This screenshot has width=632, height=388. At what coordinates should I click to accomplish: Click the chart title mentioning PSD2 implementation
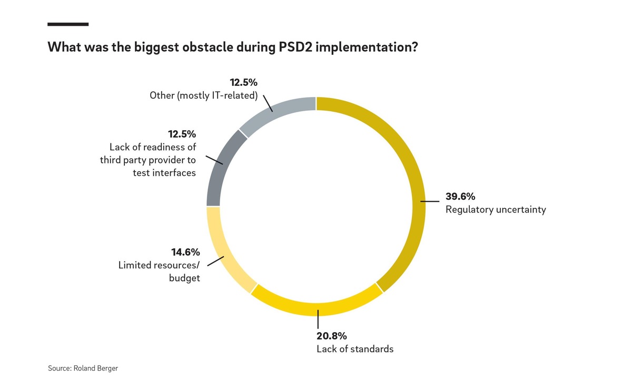click(233, 47)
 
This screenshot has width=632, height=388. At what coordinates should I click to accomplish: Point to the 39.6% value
click(460, 197)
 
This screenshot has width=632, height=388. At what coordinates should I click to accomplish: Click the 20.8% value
click(332, 336)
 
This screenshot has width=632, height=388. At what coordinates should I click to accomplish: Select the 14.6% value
click(185, 252)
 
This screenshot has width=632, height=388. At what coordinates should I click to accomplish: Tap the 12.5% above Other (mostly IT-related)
click(243, 83)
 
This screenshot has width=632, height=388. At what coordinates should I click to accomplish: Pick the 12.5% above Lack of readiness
click(182, 134)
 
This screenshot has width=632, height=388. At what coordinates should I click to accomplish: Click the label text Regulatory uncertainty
click(496, 209)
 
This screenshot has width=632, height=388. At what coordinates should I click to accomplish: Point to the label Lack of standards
click(355, 348)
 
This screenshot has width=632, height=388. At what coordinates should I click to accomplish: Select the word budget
click(184, 278)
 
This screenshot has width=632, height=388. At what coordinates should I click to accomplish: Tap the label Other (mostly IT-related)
click(203, 95)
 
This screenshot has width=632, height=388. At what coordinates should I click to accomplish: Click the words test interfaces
click(164, 172)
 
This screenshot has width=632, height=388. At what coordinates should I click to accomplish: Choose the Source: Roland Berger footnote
click(83, 368)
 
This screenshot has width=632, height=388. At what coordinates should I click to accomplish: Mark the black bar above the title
click(68, 24)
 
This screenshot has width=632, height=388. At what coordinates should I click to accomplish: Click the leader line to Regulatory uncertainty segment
click(431, 201)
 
